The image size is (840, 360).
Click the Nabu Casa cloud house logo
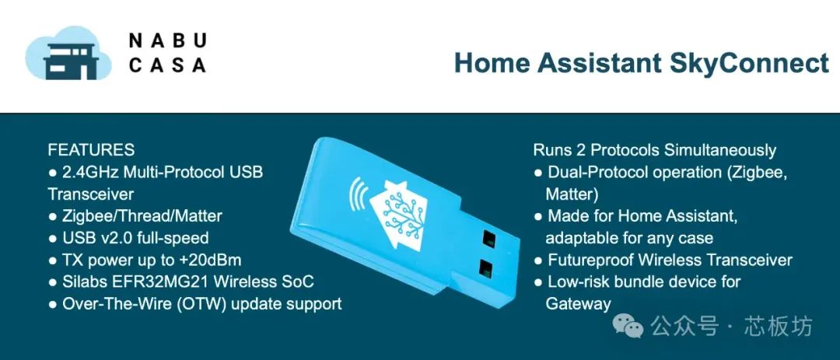[68, 53]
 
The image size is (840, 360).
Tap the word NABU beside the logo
[168, 40]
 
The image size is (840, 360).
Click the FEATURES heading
[91, 149]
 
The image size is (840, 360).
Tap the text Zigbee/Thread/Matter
[142, 216]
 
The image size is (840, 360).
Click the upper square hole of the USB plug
[488, 238]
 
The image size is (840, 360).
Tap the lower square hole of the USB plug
[486, 267]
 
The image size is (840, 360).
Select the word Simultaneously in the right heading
[720, 151]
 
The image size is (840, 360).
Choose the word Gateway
[578, 304]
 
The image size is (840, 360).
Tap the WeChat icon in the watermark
[628, 327]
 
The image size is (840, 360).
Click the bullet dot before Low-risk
[538, 282]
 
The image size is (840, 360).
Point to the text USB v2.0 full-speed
[135, 239]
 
